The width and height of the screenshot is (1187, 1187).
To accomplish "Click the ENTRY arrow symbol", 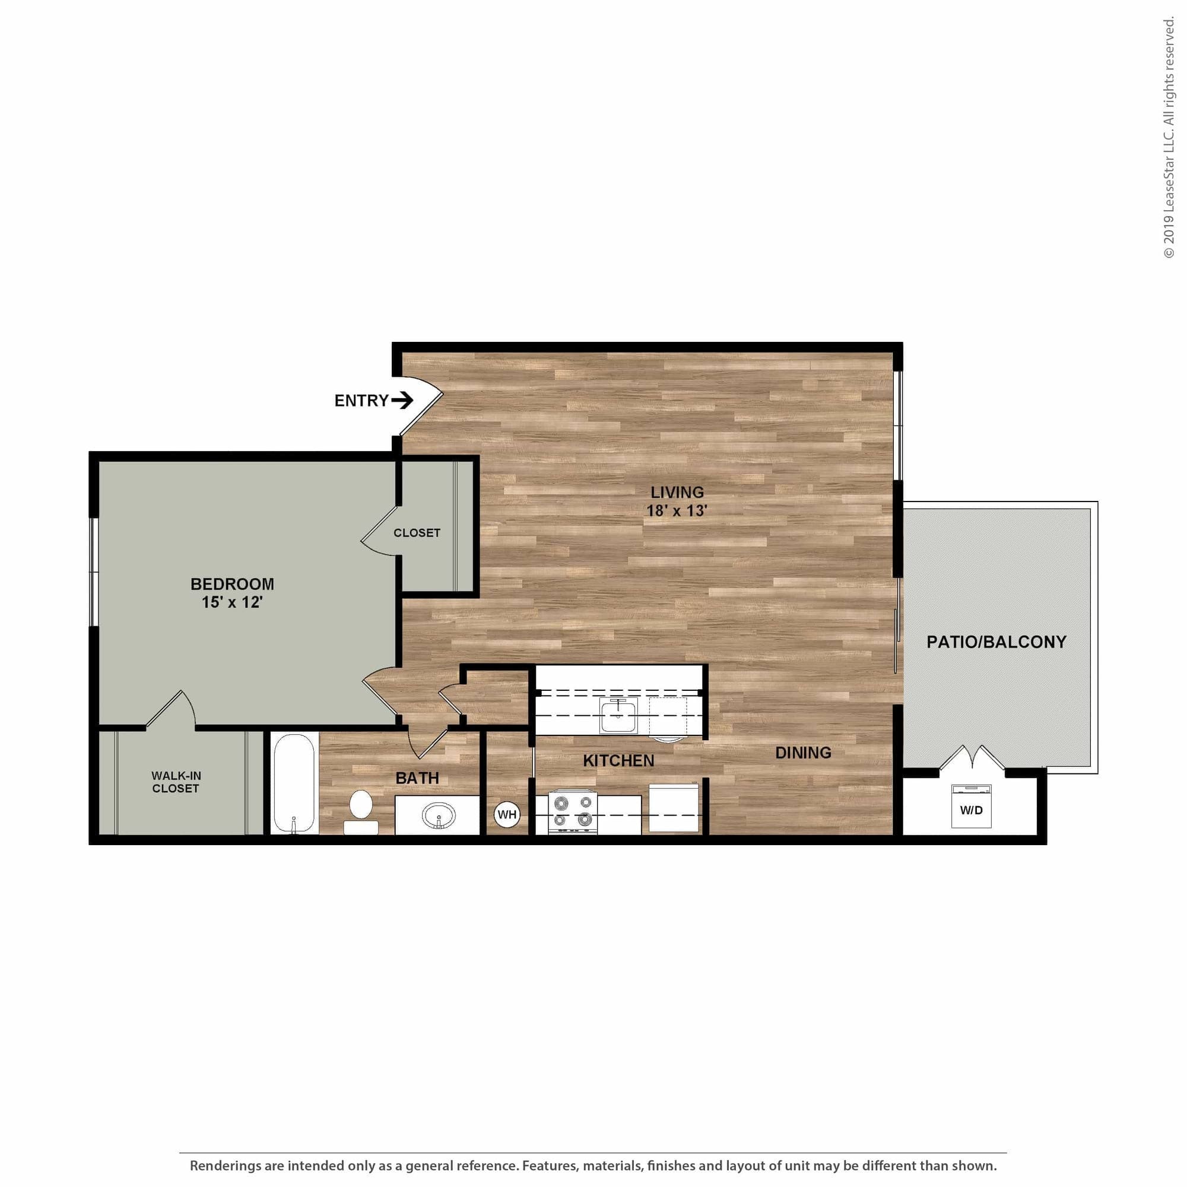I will pos(402,401).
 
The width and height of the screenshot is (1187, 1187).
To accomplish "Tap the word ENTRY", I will pos(361,401).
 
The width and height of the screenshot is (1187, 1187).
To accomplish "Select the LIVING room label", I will pos(677,492).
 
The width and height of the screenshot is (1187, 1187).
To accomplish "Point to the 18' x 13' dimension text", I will pos(677,510).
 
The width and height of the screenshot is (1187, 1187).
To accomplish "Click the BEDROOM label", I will pos(232,583).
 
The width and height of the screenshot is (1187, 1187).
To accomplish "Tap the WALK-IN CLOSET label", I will pos(176,782).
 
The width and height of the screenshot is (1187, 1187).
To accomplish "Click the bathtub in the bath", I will pos(294,782).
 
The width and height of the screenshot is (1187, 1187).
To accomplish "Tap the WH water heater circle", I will pos(507,815).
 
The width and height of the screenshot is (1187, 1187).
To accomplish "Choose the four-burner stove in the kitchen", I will pos(573,811).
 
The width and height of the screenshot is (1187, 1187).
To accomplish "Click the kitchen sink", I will pos(618,716).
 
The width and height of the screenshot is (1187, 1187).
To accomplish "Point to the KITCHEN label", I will pos(618,761).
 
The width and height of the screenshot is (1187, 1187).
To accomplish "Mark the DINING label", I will pos(803,753).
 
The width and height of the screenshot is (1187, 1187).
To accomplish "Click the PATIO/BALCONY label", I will pos(996,642).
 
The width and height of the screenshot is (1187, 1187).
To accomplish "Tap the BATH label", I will pos(417,778).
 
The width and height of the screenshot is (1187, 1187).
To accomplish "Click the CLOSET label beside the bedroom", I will pos(417,534).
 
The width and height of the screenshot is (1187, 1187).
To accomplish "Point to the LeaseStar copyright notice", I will pos(1168,138).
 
